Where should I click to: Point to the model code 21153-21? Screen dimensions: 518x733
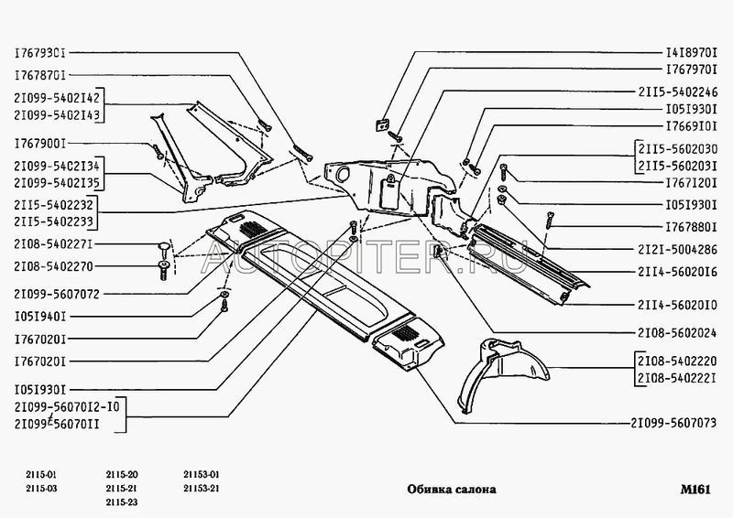pyautogui.click(x=202, y=489)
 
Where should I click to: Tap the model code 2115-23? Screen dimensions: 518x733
pyautogui.click(x=122, y=502)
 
